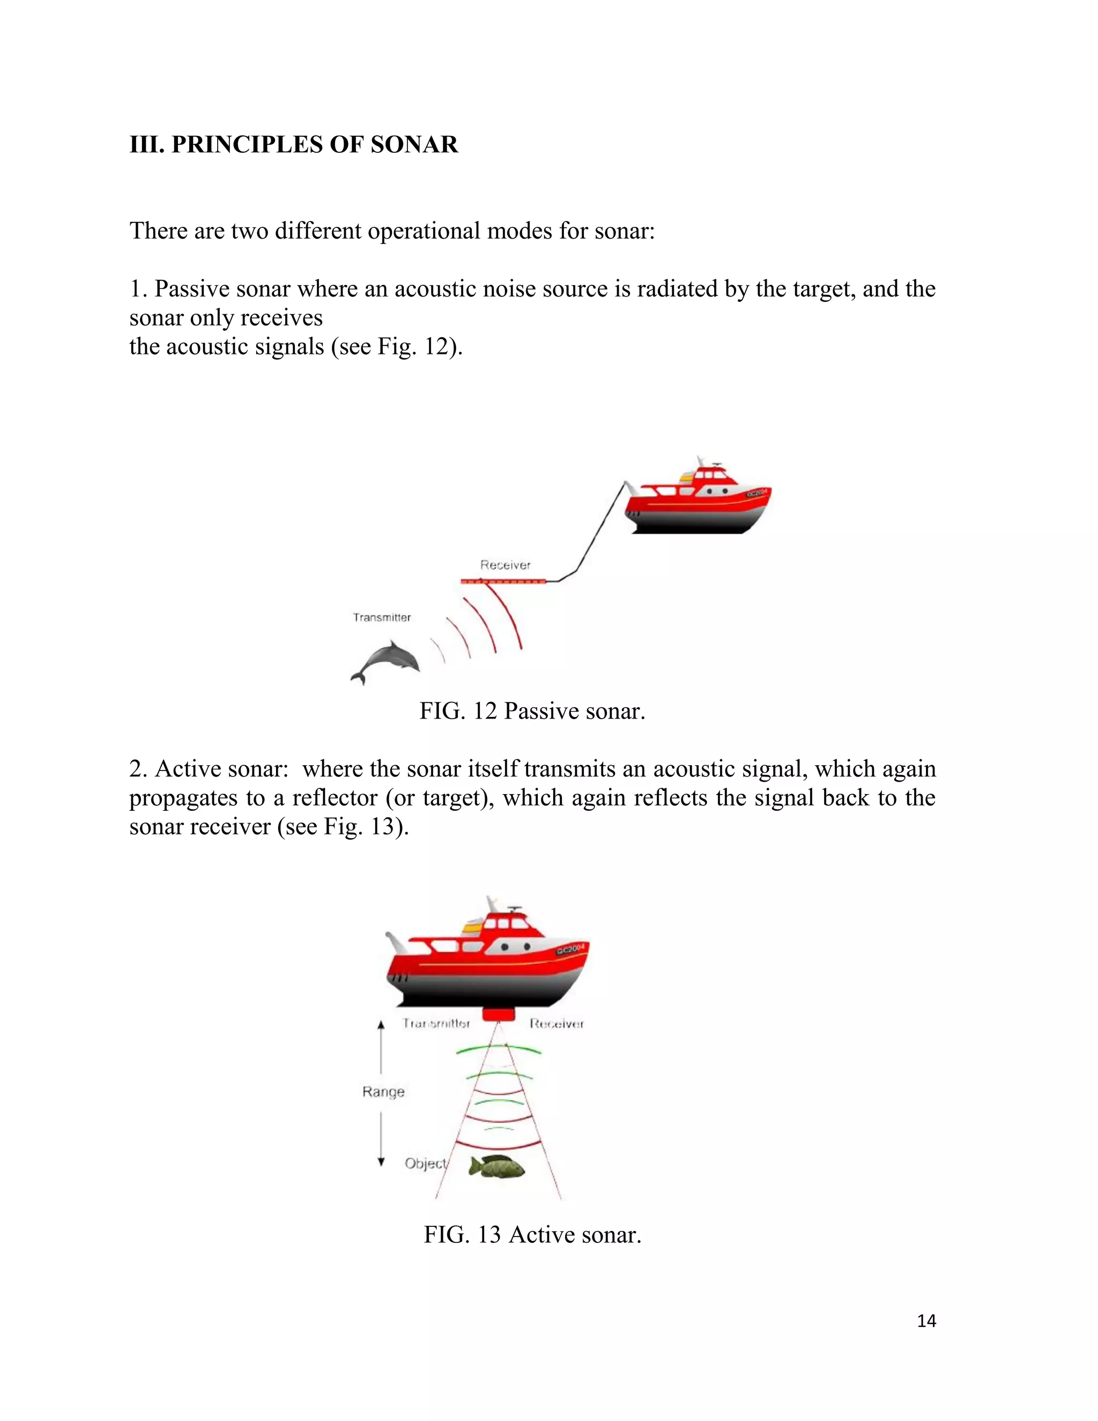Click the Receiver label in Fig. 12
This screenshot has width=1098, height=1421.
click(506, 565)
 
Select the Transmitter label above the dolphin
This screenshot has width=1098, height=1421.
click(382, 617)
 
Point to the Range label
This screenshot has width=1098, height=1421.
click(383, 1091)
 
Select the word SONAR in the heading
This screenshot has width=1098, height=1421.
click(414, 144)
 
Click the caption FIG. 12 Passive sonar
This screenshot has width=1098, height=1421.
click(531, 711)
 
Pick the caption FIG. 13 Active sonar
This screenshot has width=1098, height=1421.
click(532, 1234)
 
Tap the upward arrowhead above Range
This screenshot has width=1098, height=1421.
click(381, 1025)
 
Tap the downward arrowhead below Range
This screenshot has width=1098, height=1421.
click(381, 1161)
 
